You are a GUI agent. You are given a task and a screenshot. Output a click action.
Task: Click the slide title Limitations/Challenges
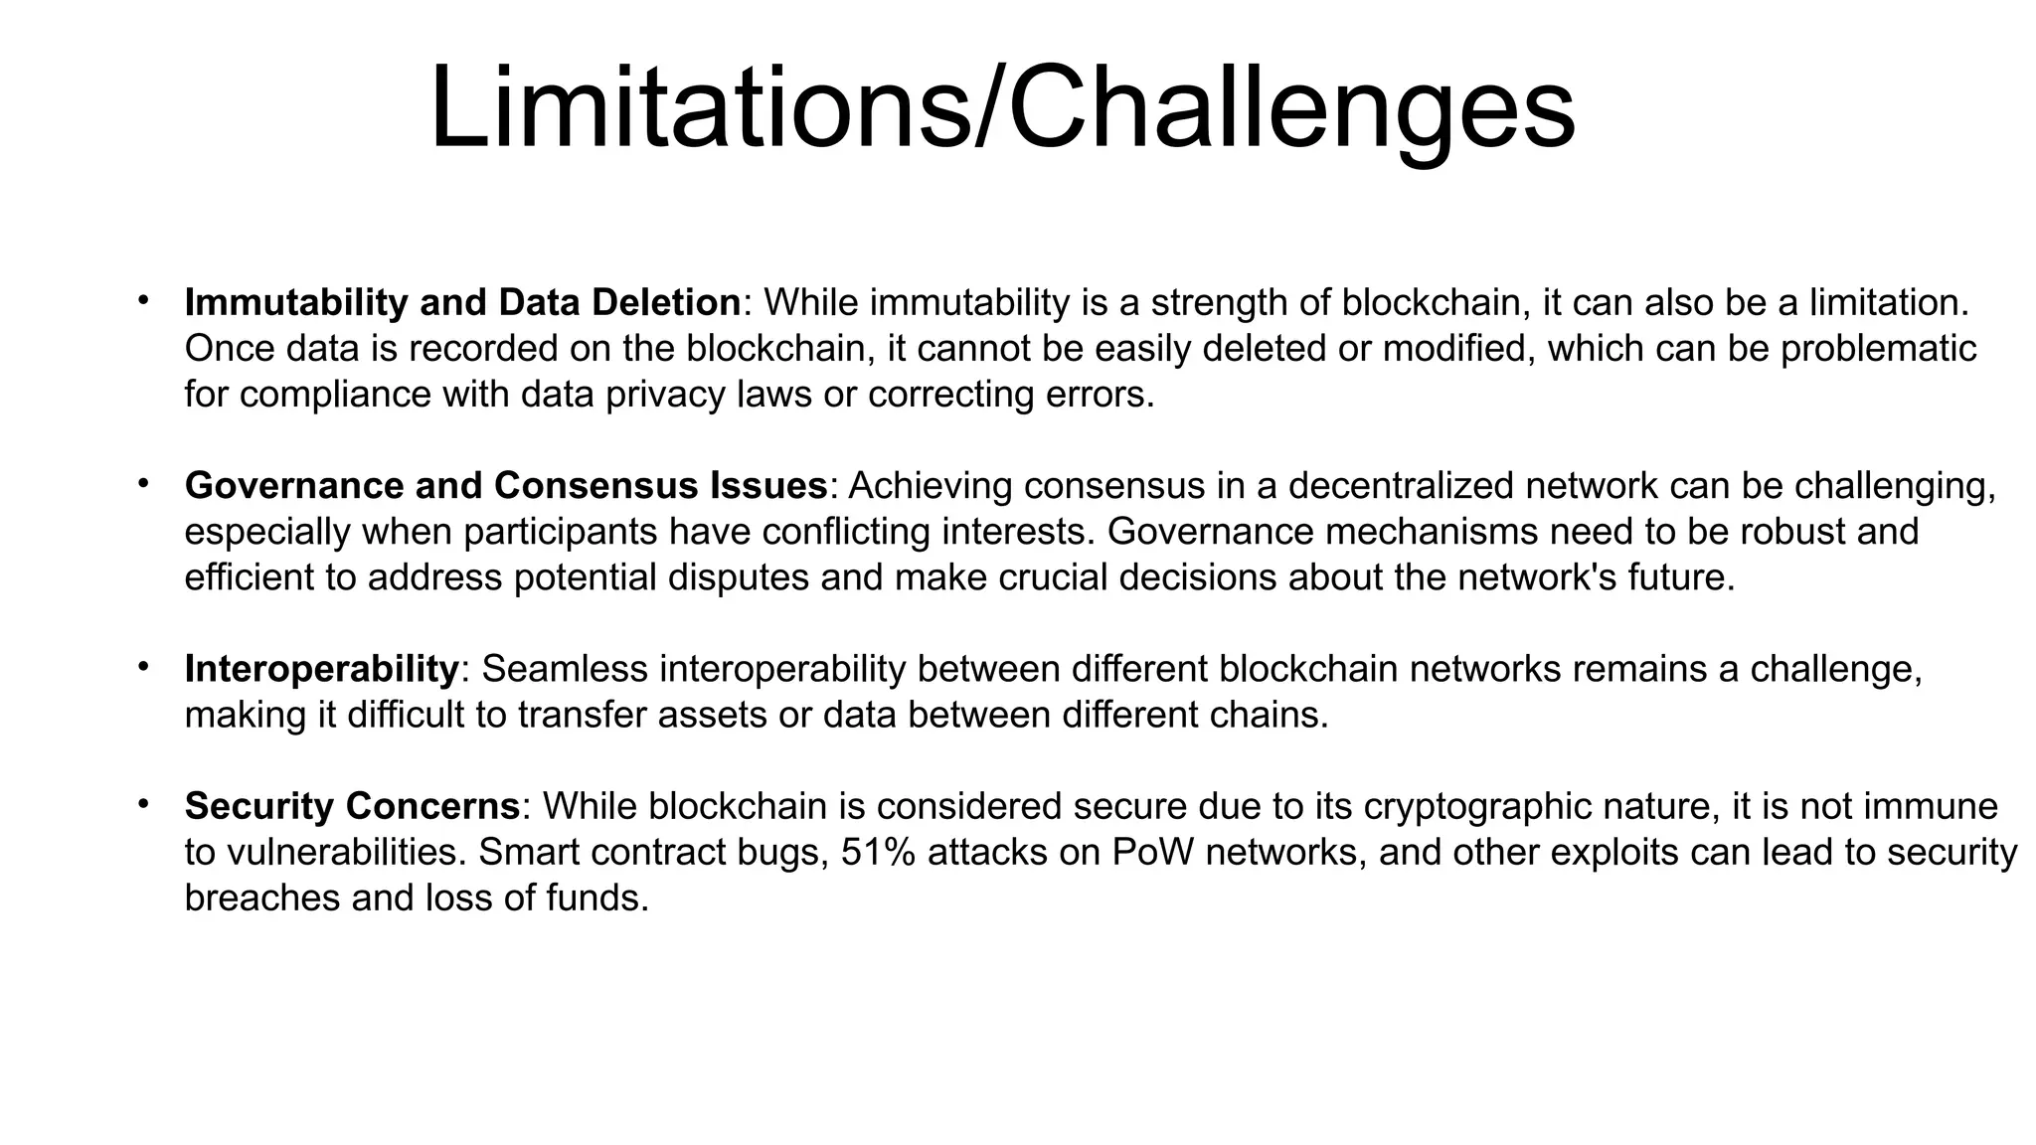click(x=1002, y=107)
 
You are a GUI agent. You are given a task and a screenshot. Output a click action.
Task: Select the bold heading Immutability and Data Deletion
click(x=463, y=302)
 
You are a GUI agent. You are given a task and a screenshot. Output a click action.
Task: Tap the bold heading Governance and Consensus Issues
click(x=506, y=485)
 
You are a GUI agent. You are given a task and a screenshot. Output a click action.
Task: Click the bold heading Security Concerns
click(x=352, y=805)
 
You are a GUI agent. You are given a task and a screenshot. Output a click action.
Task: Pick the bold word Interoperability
click(x=321, y=669)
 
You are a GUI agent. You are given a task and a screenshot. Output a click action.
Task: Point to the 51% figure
click(x=878, y=852)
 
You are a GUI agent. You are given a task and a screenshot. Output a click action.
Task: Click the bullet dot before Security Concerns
click(x=143, y=802)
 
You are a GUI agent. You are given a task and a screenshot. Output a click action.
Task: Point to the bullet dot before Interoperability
click(x=143, y=666)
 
